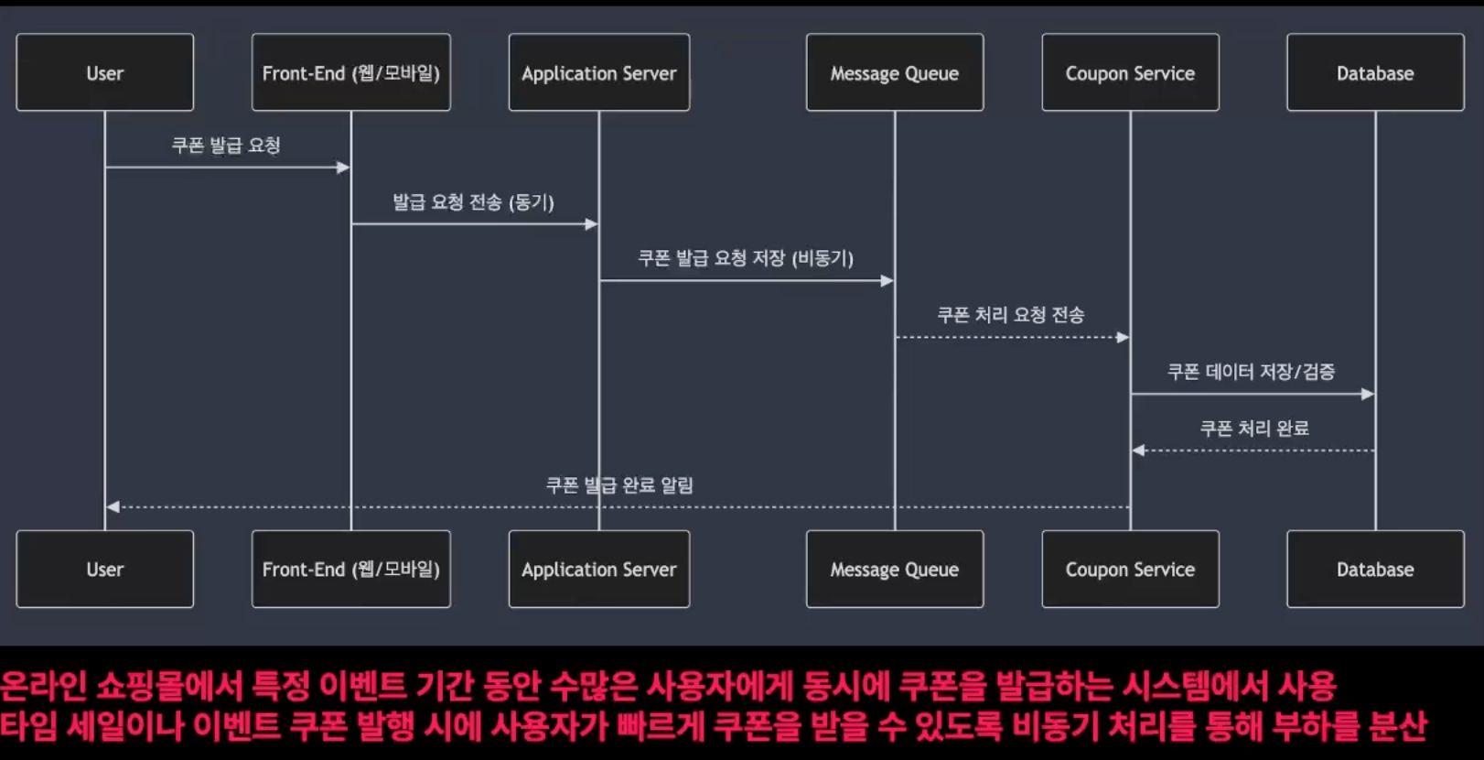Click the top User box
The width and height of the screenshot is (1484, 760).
coord(105,73)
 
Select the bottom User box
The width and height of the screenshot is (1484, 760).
coord(105,570)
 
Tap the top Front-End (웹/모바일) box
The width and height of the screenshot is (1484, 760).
coord(351,73)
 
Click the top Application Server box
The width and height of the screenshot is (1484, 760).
coord(599,73)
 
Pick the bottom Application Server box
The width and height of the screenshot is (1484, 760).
coord(599,570)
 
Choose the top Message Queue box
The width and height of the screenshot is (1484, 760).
coord(895,73)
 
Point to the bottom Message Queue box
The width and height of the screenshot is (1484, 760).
coord(895,570)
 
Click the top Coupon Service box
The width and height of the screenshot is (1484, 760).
coord(1130,73)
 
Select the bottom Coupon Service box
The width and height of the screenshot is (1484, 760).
coord(1130,570)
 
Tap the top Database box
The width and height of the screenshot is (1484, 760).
coord(1375,73)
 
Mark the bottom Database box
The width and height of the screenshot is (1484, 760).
coord(1375,570)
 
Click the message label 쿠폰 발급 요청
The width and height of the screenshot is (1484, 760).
coord(226,146)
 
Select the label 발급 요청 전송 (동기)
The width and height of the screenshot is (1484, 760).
coord(473,202)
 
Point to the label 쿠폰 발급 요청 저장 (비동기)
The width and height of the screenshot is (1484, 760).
coord(746,259)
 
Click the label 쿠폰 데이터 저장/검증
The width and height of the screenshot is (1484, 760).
coord(1251,372)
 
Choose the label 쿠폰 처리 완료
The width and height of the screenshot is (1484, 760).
coord(1253,429)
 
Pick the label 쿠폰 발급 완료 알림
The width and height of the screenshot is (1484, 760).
coord(619,485)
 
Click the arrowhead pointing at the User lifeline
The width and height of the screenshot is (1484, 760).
coord(113,507)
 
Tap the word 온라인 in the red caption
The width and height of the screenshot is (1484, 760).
coord(43,686)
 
